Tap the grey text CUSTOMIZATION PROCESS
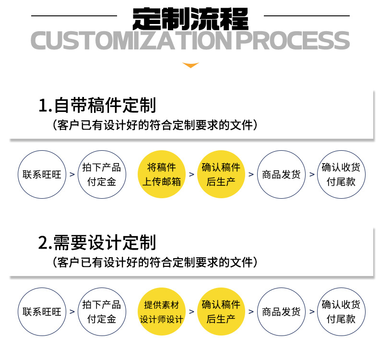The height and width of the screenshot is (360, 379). pos(190,41)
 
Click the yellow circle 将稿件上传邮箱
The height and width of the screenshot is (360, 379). pos(161,174)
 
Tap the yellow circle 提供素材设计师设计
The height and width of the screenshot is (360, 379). pos(161,312)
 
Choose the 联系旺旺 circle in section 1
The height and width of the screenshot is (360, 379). pos(42,174)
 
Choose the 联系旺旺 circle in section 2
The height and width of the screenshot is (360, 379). pos(42,312)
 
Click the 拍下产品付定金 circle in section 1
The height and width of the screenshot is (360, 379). pos(102,174)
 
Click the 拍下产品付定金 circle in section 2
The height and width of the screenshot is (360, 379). pos(102,312)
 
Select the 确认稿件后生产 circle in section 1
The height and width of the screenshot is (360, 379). pos(221,174)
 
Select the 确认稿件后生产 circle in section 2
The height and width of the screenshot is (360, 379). pos(221,312)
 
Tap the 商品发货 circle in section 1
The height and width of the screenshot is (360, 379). pos(281,174)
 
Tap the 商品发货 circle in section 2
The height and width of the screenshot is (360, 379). pos(281,312)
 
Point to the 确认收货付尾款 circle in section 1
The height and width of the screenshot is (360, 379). pos(341,174)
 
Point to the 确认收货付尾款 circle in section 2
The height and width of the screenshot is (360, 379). pos(341,312)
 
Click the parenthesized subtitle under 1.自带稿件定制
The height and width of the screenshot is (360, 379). pos(156,125)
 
